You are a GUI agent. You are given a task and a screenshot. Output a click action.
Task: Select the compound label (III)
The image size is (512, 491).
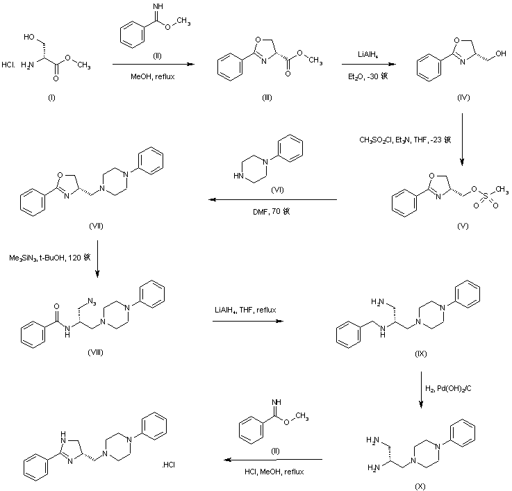pyautogui.click(x=267, y=97)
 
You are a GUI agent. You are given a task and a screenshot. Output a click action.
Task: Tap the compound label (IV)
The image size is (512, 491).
pyautogui.click(x=463, y=97)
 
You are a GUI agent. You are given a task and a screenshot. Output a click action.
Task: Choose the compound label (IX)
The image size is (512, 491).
pyautogui.click(x=421, y=353)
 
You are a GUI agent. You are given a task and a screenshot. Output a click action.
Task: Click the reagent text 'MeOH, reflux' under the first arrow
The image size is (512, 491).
pyautogui.click(x=154, y=76)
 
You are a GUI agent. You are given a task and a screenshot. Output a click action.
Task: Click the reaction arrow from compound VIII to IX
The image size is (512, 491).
pyautogui.click(x=247, y=321)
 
